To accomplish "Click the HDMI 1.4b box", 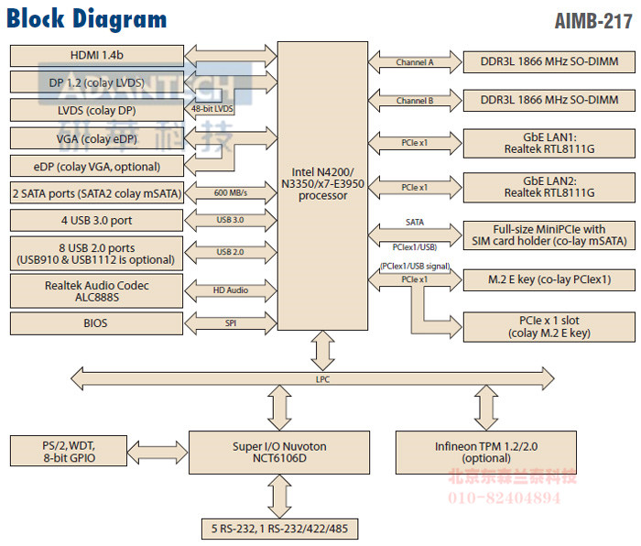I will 96,55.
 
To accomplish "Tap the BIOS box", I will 96,323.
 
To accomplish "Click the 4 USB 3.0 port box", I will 96,221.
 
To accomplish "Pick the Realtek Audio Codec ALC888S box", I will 96,291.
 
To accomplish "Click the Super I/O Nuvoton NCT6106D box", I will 279,453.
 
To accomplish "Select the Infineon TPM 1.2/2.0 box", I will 485,453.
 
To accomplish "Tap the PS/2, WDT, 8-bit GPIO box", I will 70,453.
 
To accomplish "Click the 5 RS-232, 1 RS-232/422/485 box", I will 279,529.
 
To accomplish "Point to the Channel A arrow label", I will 415,63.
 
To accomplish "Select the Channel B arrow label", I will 415,101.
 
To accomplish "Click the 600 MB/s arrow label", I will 230,193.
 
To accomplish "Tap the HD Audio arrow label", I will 230,290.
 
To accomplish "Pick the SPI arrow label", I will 230,323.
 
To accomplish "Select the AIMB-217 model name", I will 592,20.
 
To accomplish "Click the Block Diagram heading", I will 87,19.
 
